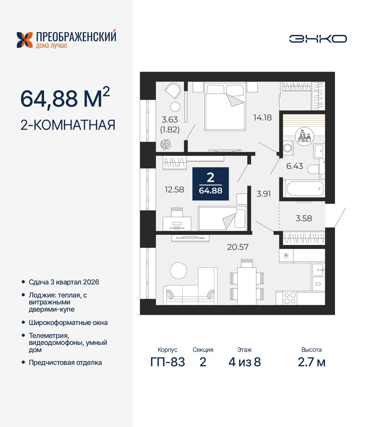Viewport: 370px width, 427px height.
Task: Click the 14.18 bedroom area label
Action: click(x=262, y=118)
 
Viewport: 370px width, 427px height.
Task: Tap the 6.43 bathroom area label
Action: click(x=295, y=166)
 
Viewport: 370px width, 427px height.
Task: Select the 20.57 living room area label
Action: click(x=238, y=247)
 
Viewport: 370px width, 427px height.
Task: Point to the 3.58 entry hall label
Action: click(x=304, y=218)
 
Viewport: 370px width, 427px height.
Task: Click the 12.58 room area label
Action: click(x=174, y=190)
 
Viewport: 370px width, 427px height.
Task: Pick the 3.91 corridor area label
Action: click(x=264, y=194)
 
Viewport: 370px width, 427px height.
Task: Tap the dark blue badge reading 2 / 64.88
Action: click(x=211, y=184)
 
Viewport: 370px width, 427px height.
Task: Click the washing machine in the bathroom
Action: click(x=288, y=148)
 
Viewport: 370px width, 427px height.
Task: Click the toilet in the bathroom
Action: click(x=313, y=169)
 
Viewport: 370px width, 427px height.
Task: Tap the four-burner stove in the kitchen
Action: click(x=290, y=298)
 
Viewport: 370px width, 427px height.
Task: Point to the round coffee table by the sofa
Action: click(x=178, y=271)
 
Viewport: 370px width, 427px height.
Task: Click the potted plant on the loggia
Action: click(x=166, y=144)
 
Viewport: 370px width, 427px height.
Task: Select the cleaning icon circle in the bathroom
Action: click(x=304, y=136)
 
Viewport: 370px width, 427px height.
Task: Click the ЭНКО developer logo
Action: click(x=318, y=39)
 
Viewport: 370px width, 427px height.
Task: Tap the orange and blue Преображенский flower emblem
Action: click(x=25, y=40)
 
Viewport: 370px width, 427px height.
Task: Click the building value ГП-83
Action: click(x=168, y=362)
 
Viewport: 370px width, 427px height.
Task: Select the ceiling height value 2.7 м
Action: click(x=312, y=362)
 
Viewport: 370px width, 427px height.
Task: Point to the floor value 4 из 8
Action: click(x=245, y=362)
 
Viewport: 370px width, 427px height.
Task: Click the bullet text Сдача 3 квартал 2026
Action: click(x=64, y=282)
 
